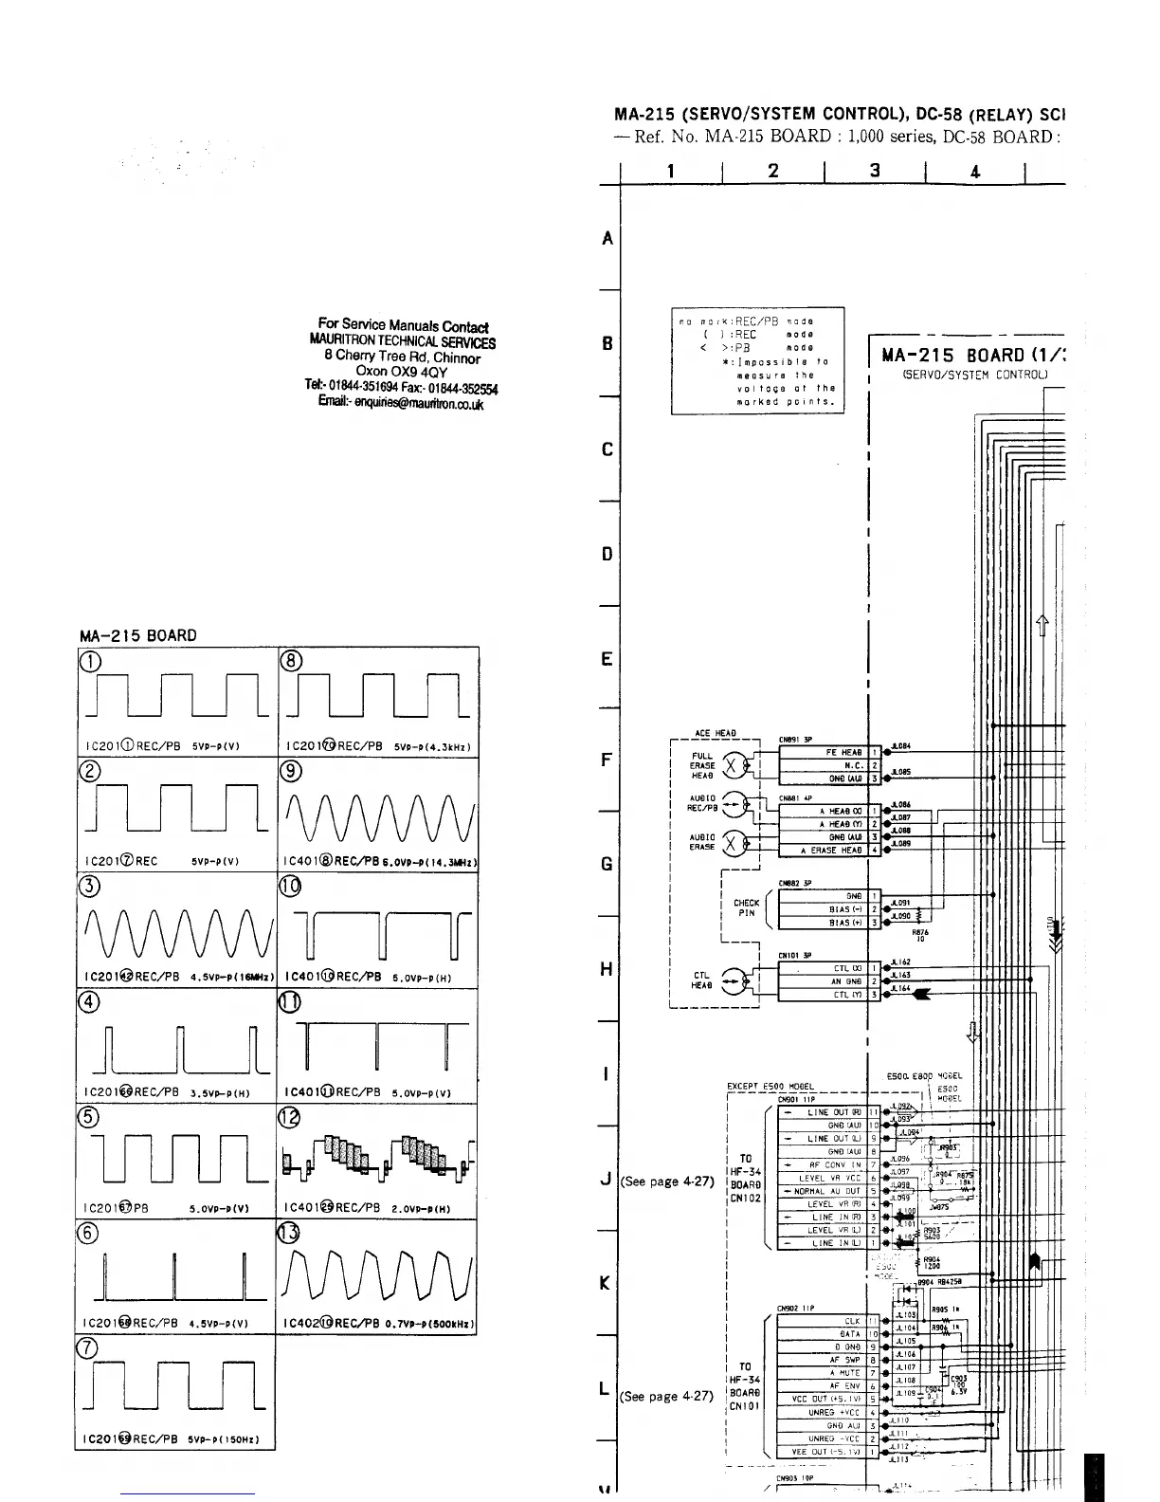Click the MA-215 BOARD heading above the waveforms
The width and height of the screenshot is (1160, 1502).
point(137,635)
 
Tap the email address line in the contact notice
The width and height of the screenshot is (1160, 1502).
point(401,404)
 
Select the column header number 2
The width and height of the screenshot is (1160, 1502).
point(773,171)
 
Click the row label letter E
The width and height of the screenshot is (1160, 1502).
point(607,659)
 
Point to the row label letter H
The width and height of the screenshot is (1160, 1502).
point(607,969)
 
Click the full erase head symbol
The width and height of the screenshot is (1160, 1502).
point(733,764)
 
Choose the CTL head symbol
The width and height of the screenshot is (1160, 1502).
point(733,979)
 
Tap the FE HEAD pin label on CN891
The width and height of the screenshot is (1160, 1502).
point(843,752)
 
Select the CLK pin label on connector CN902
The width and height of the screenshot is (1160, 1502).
point(852,1321)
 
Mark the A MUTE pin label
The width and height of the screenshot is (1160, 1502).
point(844,1371)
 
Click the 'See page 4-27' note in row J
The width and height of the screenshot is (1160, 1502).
point(666,1181)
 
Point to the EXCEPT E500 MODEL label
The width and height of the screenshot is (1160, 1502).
point(770,1087)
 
